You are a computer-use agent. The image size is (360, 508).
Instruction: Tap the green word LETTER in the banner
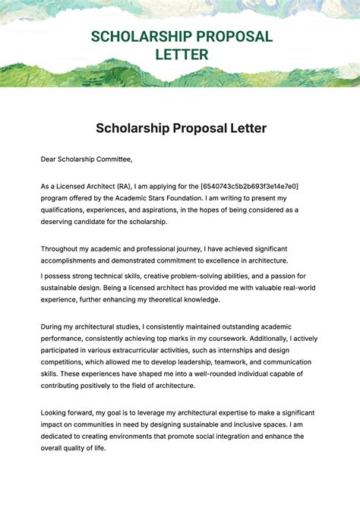click(182, 55)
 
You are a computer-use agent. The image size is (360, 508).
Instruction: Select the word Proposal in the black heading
click(190, 128)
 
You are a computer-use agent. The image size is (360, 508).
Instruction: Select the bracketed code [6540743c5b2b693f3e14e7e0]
click(249, 186)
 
